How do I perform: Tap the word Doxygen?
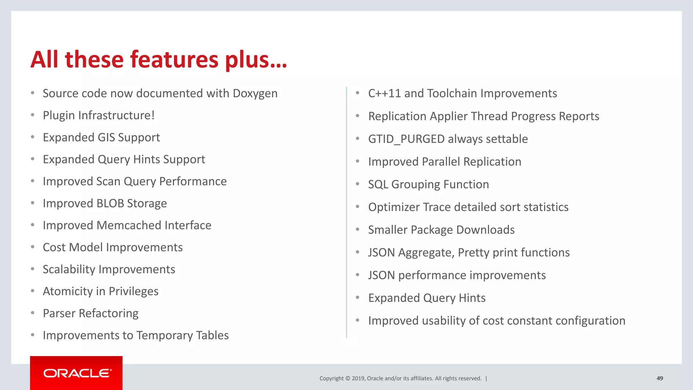click(x=255, y=93)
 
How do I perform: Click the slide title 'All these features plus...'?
click(x=159, y=60)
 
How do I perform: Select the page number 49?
click(x=660, y=378)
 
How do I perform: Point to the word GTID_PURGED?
click(x=406, y=139)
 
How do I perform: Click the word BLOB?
click(x=110, y=203)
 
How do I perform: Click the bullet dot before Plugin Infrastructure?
click(x=32, y=115)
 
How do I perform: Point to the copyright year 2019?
click(x=358, y=378)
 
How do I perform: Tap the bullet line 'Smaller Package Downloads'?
click(x=441, y=230)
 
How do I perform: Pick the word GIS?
click(x=106, y=137)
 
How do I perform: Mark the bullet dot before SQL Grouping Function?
click(x=357, y=184)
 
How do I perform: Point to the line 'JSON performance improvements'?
click(x=457, y=275)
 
